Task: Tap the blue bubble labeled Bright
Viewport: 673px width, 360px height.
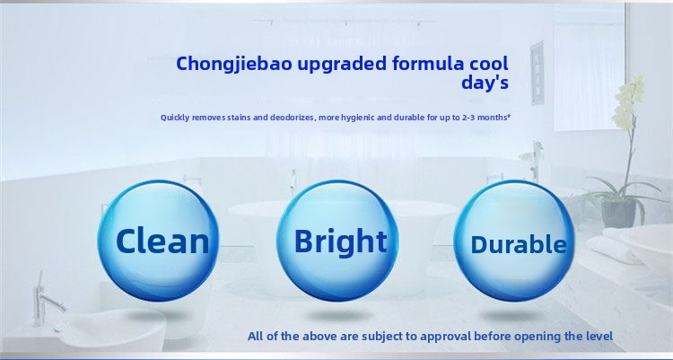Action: point(340,241)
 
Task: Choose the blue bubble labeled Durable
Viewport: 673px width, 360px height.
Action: point(518,243)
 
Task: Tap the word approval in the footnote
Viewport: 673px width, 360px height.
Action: point(442,337)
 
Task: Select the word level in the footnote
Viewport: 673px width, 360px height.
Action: point(597,337)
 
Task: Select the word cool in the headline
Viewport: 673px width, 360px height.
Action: point(488,64)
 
